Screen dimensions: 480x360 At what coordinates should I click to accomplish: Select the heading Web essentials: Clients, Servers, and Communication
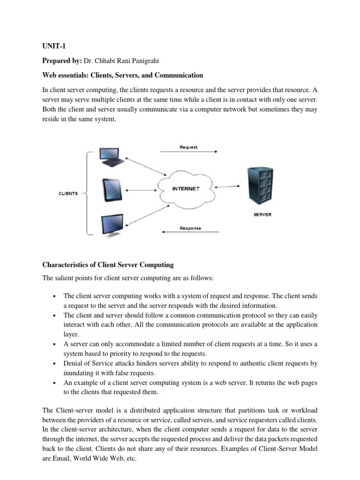coord(123,75)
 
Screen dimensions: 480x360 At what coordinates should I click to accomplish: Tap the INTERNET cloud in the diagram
coord(186,189)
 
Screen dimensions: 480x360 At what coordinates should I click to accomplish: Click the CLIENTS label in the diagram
coord(68,193)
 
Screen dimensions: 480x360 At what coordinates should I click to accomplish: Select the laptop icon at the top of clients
coord(111,157)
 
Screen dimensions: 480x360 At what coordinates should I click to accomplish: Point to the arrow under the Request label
coord(188,152)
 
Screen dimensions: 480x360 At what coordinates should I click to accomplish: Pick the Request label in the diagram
coord(188,147)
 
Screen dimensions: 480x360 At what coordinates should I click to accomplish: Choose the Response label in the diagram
coord(190,228)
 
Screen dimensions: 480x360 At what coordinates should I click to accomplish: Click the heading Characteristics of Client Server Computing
coord(108,265)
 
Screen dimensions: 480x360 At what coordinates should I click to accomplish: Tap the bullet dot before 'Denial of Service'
coord(55,364)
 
